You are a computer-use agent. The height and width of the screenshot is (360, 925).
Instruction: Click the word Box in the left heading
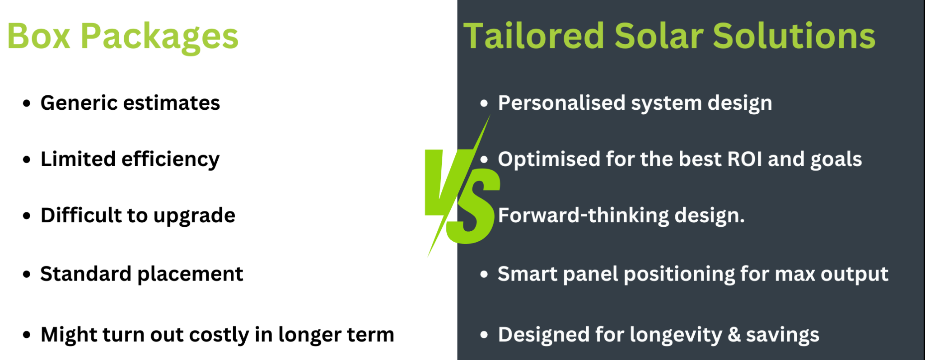39,36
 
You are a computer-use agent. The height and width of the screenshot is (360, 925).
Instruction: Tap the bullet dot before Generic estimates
27,103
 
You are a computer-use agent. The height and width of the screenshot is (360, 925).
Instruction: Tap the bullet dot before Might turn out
27,335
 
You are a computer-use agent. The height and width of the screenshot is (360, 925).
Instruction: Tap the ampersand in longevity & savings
734,335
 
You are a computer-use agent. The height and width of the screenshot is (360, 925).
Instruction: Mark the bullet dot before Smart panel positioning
484,274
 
